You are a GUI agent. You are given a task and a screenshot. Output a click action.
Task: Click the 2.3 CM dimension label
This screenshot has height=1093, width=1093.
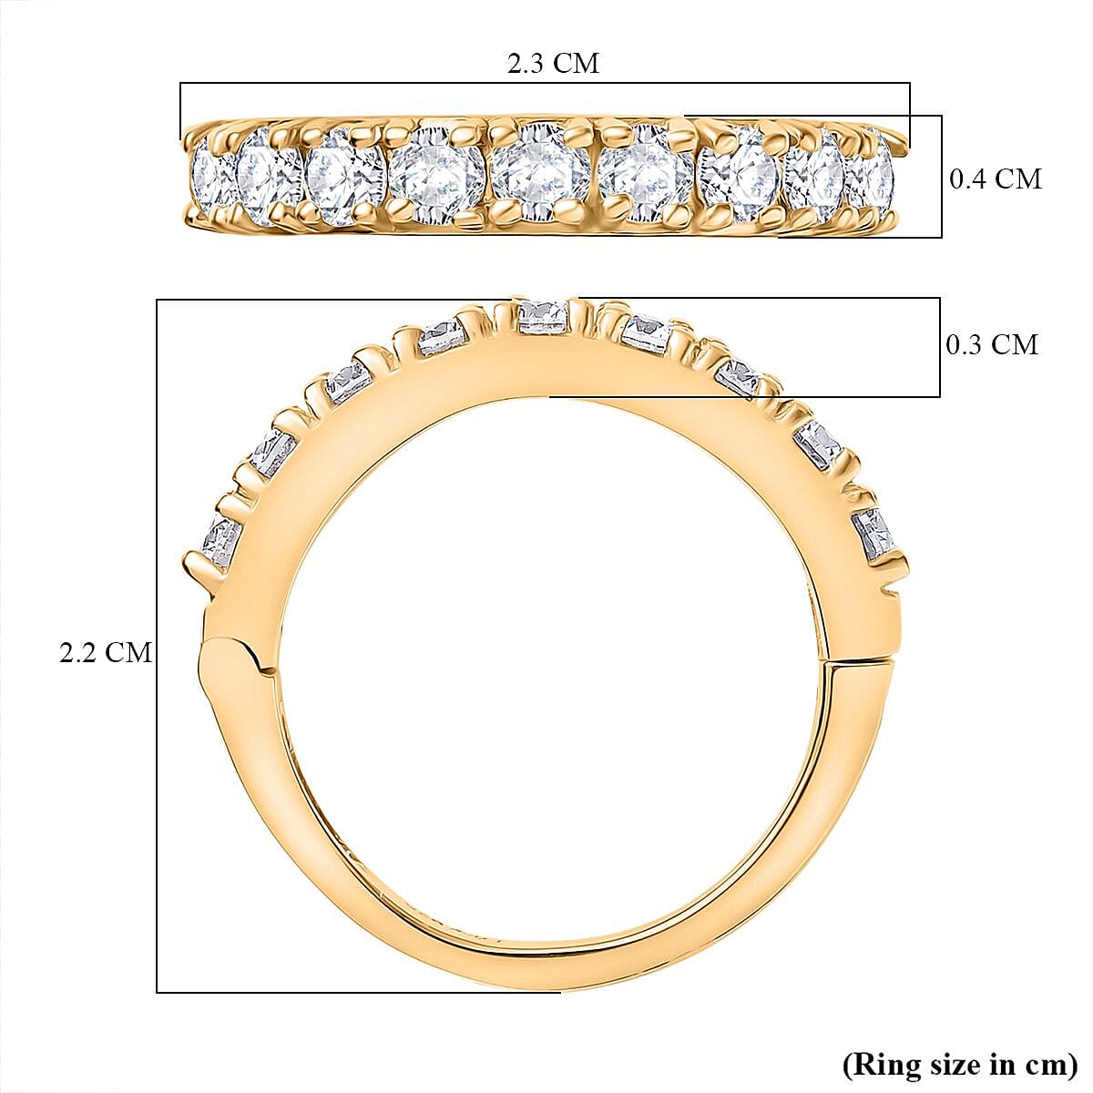[x=553, y=64]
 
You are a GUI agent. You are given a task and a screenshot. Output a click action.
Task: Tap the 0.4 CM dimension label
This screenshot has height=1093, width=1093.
[x=995, y=179]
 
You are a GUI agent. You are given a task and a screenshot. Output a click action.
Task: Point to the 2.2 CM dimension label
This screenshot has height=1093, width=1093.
[x=105, y=652]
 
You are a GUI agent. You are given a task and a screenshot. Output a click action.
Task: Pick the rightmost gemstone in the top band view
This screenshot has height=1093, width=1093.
[x=871, y=176]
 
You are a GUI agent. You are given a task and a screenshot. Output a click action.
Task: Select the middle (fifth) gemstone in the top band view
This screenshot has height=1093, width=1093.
[x=538, y=172]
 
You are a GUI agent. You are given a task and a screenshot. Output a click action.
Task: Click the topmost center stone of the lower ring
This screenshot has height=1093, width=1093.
[x=543, y=315]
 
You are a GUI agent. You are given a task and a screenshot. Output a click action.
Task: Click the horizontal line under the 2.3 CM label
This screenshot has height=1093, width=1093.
[x=545, y=84]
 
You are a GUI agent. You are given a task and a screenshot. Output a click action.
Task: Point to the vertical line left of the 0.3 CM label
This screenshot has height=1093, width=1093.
[x=939, y=347]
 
